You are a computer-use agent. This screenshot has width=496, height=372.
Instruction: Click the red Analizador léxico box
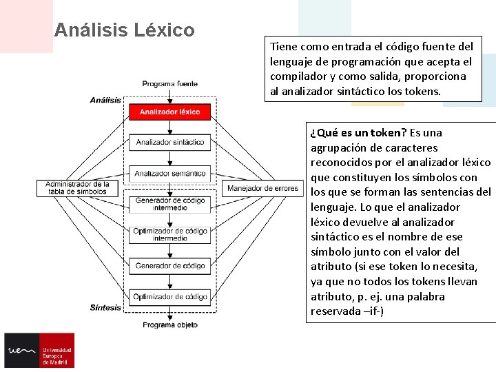(x=169, y=112)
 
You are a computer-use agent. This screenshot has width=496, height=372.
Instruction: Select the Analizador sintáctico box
(x=169, y=142)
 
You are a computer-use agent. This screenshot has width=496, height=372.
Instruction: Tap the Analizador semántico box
(x=169, y=174)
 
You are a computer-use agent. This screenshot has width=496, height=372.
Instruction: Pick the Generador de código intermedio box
(x=169, y=204)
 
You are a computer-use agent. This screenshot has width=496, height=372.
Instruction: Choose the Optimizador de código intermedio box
(x=169, y=234)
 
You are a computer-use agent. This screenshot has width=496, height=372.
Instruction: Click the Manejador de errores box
(x=262, y=188)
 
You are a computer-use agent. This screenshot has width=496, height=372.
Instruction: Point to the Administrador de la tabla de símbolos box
(x=77, y=187)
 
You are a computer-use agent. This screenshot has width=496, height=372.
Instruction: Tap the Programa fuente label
(x=169, y=84)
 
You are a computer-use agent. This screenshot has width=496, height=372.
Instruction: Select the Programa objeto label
(x=169, y=324)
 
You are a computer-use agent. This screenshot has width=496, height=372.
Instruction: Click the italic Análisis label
(x=105, y=100)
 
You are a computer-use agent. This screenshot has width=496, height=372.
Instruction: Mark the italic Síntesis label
(x=105, y=307)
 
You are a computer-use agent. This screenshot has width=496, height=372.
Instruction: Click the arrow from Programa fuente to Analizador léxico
(x=169, y=96)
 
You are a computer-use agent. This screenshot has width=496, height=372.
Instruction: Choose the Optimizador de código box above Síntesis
(x=169, y=297)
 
